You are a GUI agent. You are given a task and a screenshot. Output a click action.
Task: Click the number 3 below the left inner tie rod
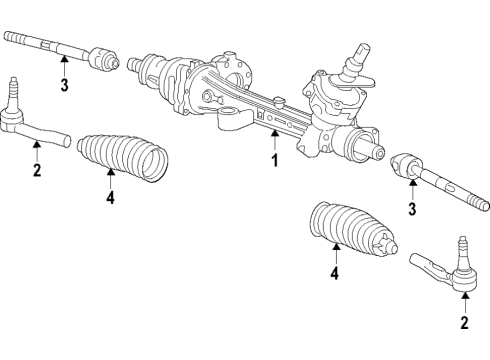tap(63, 85)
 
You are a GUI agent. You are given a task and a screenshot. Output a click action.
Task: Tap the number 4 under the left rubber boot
tap(111, 198)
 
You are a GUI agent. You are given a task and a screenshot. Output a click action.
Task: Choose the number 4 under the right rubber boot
tap(335, 272)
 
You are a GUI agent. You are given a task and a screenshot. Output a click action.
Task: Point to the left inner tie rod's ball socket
tap(103, 60)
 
